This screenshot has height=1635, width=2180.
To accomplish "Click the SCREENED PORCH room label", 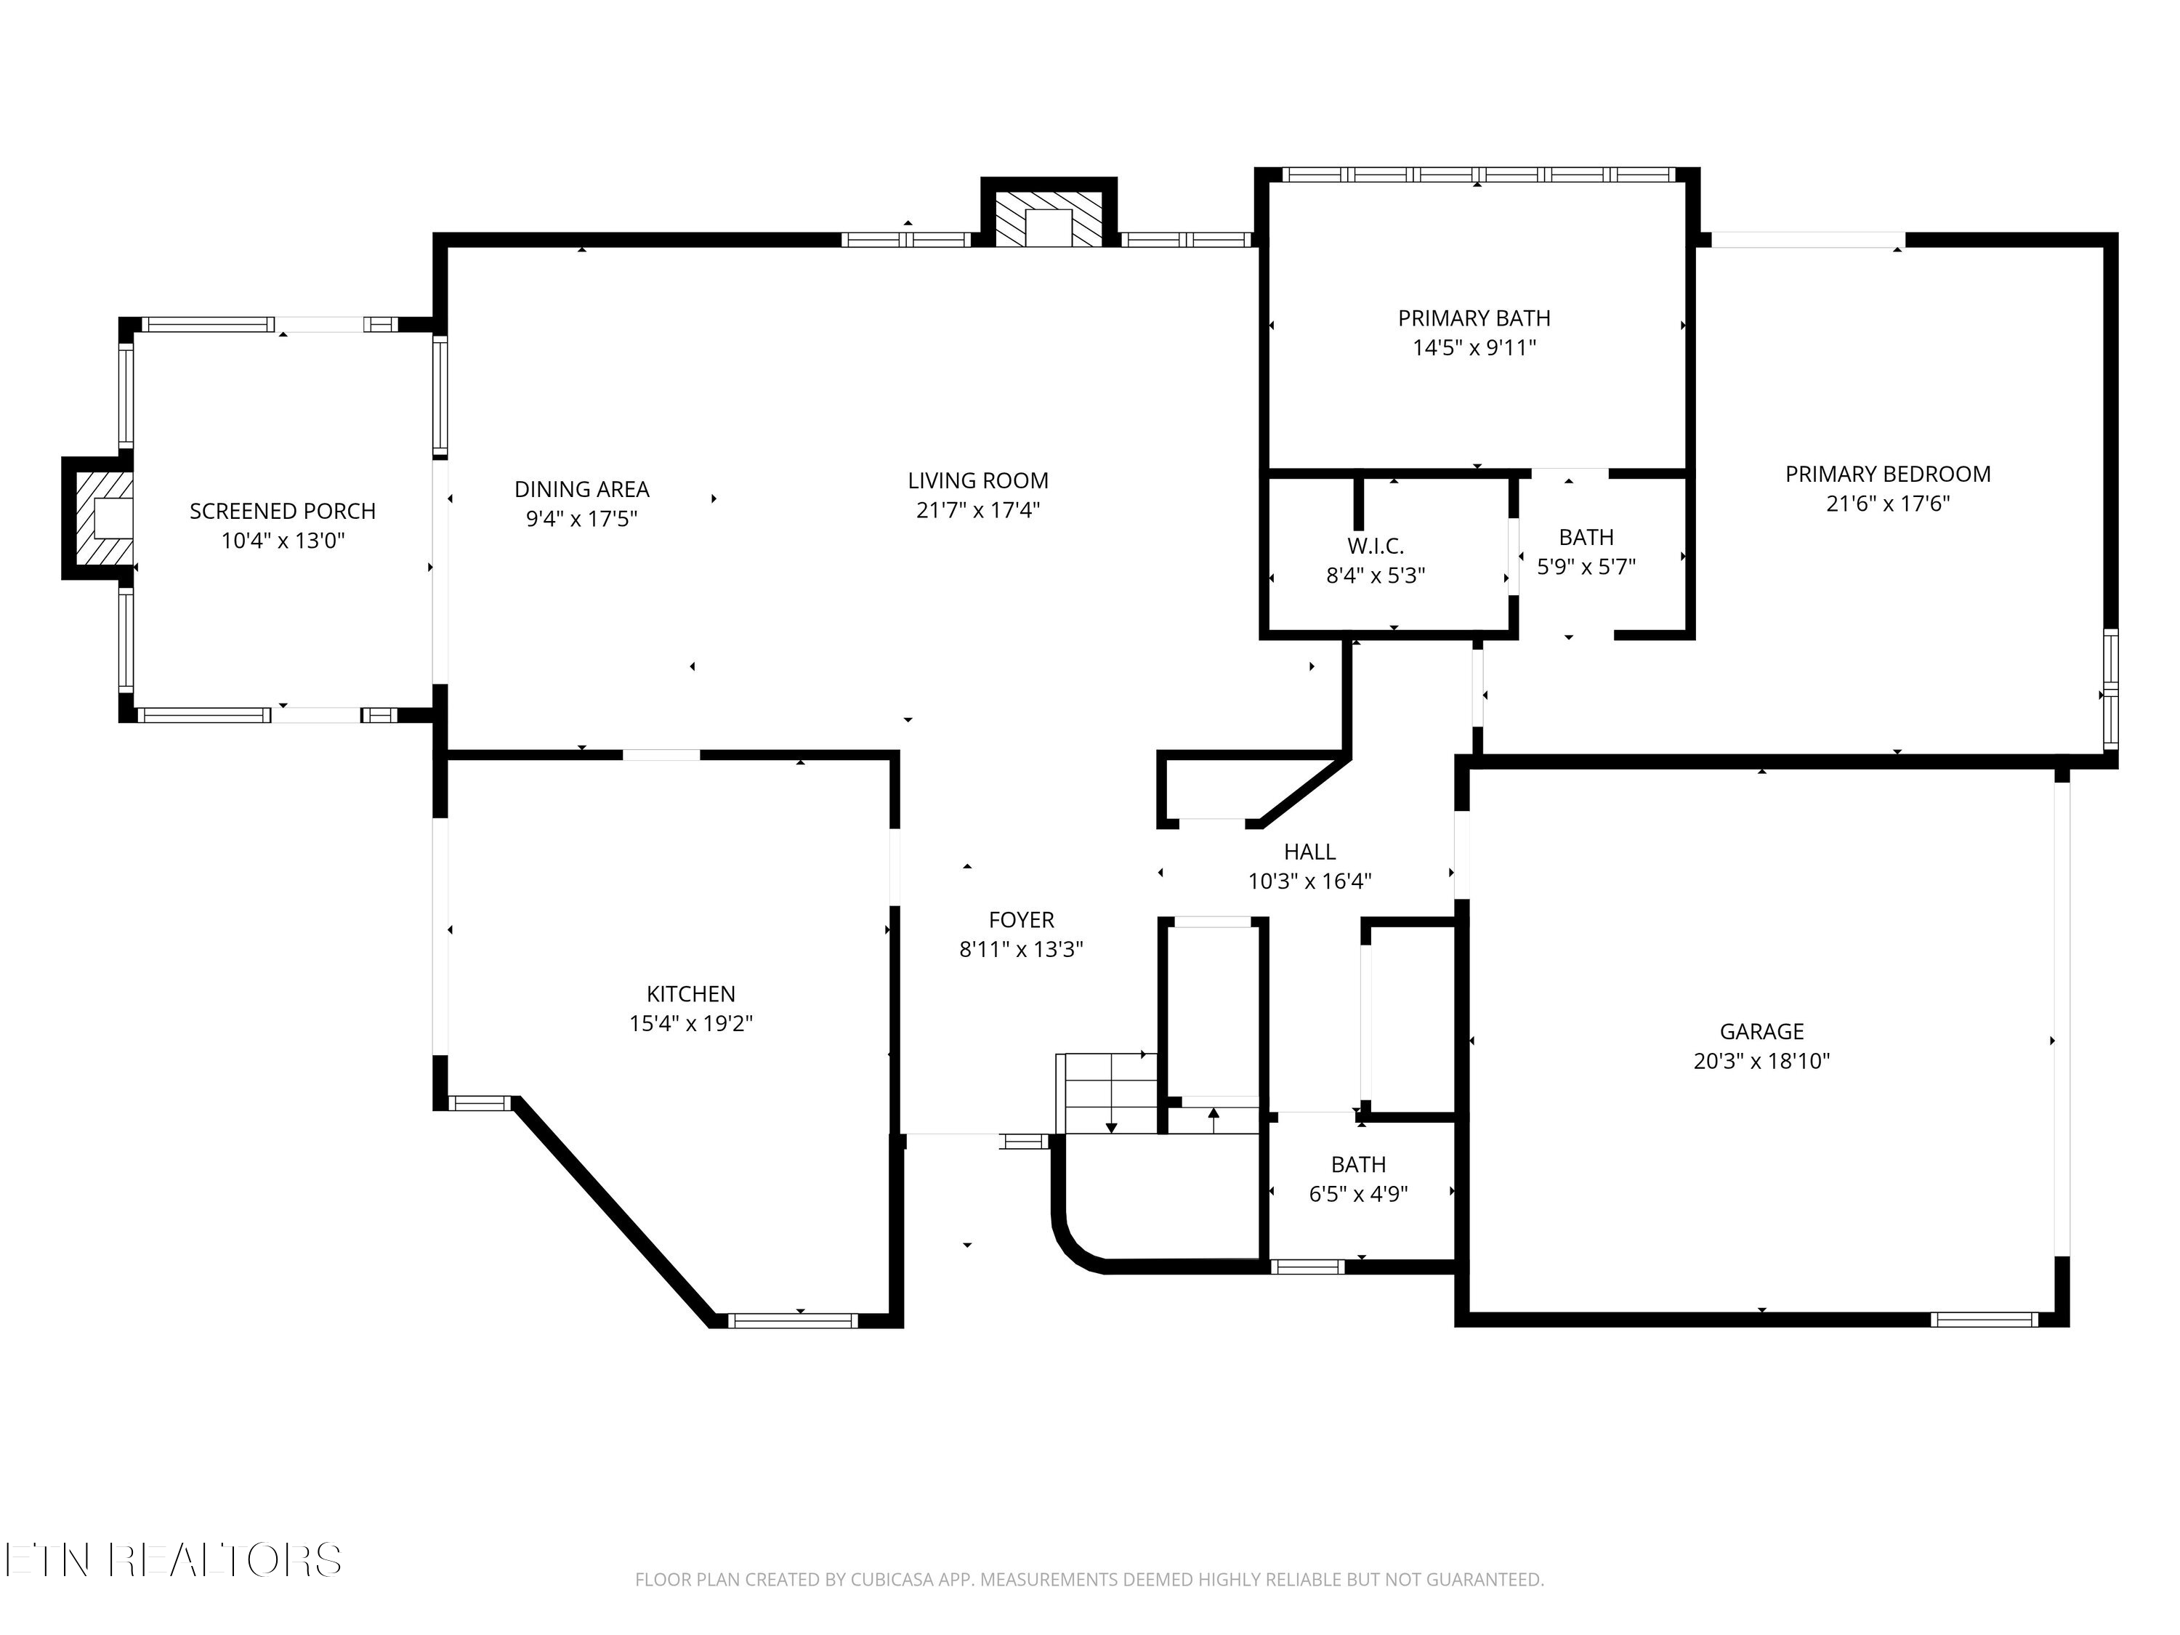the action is [x=283, y=512].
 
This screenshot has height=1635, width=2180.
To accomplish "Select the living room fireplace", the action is [x=1049, y=213].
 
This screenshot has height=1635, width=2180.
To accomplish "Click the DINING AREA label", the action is [x=581, y=489].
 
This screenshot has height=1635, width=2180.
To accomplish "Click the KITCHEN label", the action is [x=691, y=993].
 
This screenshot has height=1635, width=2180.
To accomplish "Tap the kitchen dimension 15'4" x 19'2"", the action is [x=691, y=1024].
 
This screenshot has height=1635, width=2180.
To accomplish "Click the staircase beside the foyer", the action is [x=1107, y=1094].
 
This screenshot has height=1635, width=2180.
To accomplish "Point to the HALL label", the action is [x=1309, y=852].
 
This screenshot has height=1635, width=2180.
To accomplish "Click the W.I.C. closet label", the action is [x=1376, y=546].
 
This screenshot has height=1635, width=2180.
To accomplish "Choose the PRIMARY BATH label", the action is [x=1474, y=318].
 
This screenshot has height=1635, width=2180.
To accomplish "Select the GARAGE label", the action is [x=1762, y=1031].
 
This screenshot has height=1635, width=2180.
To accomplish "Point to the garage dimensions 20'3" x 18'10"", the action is [x=1762, y=1062].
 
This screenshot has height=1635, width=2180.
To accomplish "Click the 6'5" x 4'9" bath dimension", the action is [x=1358, y=1195].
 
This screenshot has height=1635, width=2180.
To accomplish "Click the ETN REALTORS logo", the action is [x=174, y=1559].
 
